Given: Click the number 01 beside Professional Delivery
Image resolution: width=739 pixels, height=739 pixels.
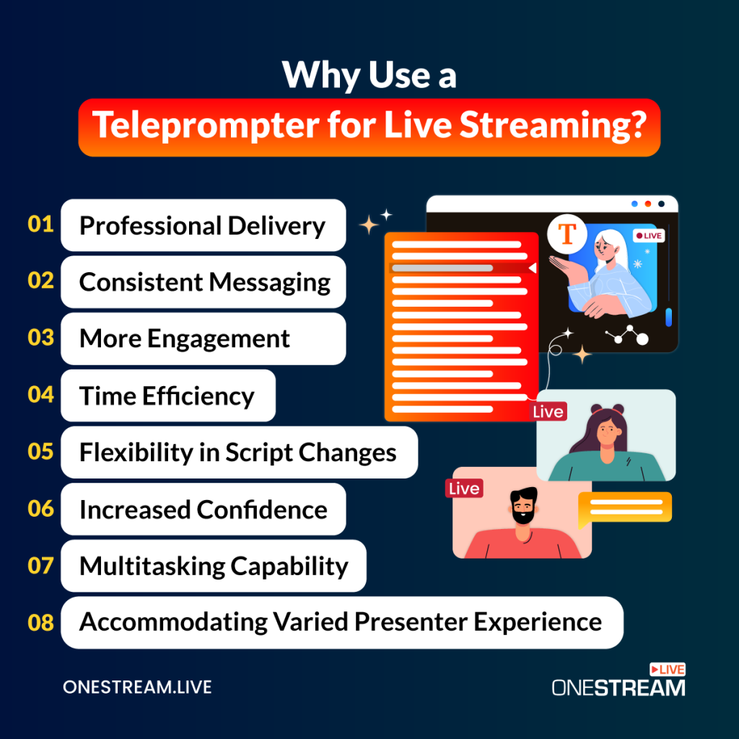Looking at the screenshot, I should click(41, 224).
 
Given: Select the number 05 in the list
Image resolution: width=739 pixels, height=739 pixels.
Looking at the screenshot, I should click(41, 452).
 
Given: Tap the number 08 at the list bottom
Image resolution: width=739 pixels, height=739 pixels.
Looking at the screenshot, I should click(41, 622).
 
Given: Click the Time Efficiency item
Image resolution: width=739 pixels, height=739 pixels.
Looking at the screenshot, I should click(167, 395).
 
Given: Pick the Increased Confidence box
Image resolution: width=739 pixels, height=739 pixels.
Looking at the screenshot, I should click(203, 510).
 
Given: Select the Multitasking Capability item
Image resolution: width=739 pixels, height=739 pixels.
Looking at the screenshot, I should click(213, 566).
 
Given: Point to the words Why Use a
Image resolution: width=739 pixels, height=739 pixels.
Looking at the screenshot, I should click(369, 75).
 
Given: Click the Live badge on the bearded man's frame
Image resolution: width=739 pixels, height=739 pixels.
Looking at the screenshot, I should click(463, 489).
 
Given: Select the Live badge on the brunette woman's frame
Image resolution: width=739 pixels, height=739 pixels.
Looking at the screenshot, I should click(548, 411).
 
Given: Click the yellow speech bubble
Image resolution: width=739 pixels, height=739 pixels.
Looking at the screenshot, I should click(625, 507).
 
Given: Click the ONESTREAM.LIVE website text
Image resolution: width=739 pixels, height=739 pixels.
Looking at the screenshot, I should click(137, 687).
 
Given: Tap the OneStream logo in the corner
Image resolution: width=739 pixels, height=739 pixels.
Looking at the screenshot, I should click(618, 681).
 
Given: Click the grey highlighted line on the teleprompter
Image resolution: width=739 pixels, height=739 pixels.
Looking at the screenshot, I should click(442, 268).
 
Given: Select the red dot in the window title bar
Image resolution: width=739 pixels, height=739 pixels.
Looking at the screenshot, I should click(648, 204).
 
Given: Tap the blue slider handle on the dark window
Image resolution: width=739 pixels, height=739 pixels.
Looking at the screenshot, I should click(668, 317).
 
